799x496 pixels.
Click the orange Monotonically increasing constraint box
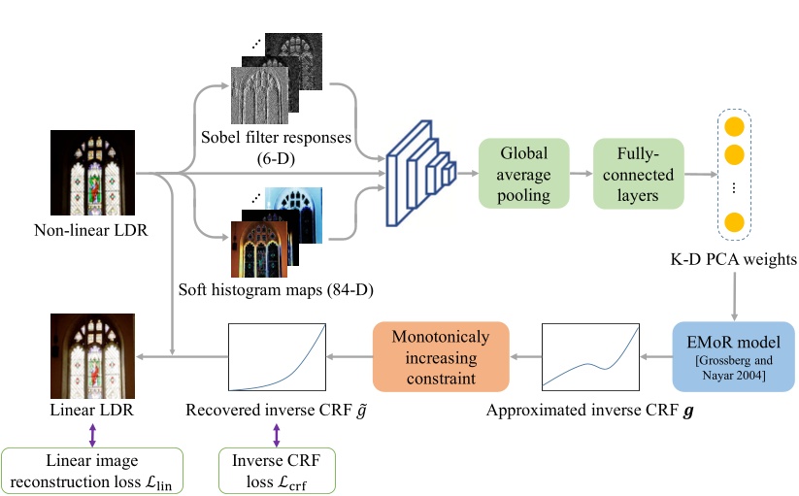[442, 356]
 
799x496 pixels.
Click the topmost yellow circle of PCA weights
[734, 127]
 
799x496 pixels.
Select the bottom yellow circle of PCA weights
[734, 221]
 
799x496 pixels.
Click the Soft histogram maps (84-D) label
[276, 289]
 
